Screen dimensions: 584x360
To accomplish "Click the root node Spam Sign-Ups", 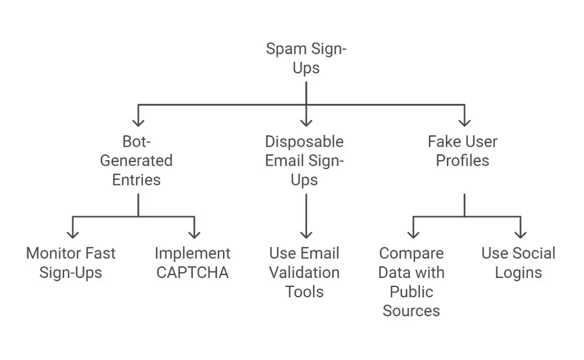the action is (x=306, y=58).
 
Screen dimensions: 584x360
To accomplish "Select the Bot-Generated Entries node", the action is (x=136, y=161).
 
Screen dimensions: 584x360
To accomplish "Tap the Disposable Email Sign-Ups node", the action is (x=305, y=161).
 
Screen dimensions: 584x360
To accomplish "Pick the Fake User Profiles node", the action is (x=463, y=151).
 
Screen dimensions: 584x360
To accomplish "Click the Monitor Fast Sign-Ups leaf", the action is (x=71, y=263).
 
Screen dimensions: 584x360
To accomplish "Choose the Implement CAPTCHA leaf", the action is (x=193, y=263).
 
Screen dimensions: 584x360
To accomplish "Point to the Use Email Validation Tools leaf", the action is (x=305, y=272).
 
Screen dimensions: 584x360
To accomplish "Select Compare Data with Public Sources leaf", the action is (x=411, y=282).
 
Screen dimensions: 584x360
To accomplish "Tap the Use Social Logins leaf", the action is (x=518, y=263).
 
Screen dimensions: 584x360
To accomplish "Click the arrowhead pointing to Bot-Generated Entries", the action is (x=138, y=123).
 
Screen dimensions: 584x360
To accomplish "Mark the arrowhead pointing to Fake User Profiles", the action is (x=464, y=123).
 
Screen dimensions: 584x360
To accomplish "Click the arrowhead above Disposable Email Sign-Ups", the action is (x=306, y=123).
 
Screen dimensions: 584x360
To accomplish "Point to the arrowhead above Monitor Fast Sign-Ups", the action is (x=72, y=234).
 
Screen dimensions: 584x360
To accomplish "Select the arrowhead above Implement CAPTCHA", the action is (x=194, y=234).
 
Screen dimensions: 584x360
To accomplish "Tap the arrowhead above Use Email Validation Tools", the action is (x=306, y=234).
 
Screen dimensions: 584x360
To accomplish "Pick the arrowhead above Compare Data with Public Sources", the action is (x=413, y=234).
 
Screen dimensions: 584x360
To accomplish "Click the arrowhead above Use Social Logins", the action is (x=520, y=234).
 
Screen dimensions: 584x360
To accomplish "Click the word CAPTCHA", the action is (x=193, y=273).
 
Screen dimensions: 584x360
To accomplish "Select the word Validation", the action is (x=305, y=273).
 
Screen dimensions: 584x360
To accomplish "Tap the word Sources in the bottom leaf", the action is (x=411, y=311).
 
